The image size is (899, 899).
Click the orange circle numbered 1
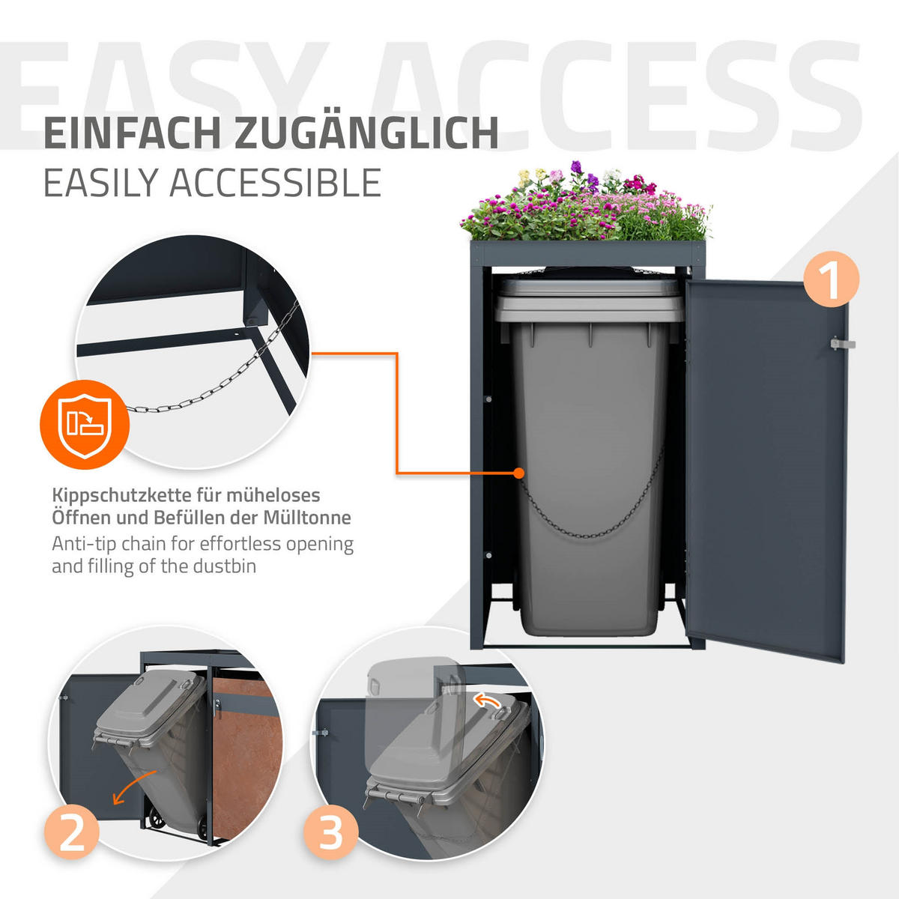tap(831, 279)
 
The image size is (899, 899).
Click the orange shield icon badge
tap(85, 425)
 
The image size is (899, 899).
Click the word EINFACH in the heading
tap(132, 134)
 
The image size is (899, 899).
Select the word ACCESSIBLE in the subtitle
tap(275, 183)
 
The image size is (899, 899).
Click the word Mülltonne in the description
tap(307, 518)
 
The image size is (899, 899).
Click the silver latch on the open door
tap(843, 344)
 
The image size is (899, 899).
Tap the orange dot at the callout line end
tap(518, 473)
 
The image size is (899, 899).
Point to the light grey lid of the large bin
tap(590, 301)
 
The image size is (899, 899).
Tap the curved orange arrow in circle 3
tap(486, 700)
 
